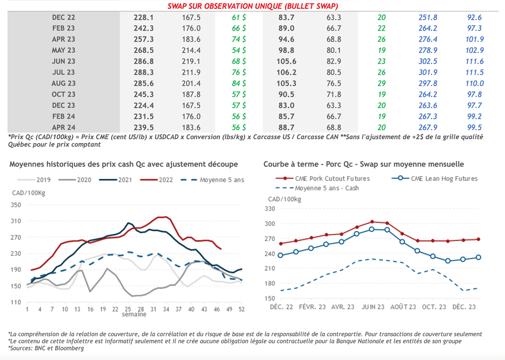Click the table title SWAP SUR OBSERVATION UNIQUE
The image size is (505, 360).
[252, 6]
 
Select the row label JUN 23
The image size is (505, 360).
[64, 61]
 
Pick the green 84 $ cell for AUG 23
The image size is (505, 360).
[239, 83]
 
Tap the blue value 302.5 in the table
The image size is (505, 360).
[428, 61]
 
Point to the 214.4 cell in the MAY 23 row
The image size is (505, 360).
[191, 50]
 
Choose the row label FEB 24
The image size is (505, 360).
[64, 116]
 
